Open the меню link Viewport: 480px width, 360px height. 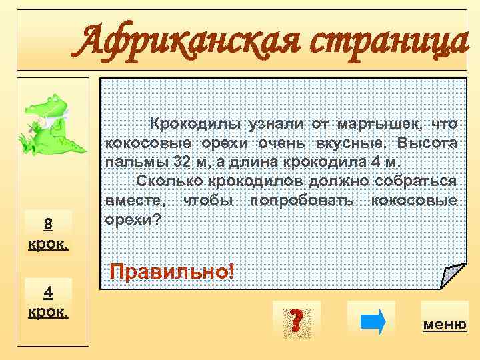pyautogui.click(x=445, y=325)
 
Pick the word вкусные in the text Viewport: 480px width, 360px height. pyautogui.click(x=357, y=143)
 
